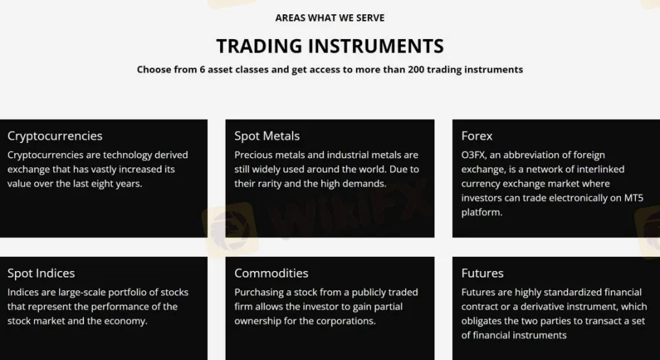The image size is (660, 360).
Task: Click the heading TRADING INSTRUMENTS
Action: [330, 46]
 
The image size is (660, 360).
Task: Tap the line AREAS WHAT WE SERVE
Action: [330, 18]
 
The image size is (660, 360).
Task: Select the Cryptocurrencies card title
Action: [55, 136]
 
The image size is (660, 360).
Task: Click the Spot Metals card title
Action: [267, 136]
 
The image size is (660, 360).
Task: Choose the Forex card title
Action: [477, 136]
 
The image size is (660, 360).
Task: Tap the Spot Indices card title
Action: [41, 273]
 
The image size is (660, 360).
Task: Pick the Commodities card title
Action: [271, 273]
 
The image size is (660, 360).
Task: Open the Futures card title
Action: [482, 273]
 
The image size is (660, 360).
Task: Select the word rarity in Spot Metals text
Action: [268, 184]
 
